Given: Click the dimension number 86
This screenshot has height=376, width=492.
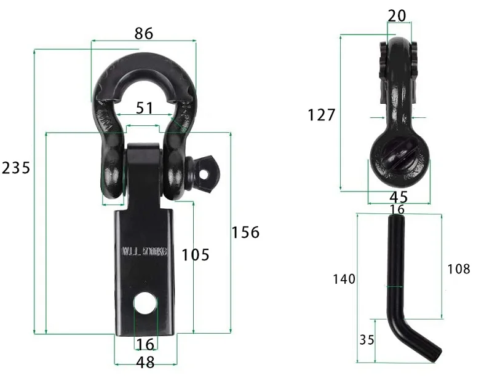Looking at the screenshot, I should [x=143, y=33].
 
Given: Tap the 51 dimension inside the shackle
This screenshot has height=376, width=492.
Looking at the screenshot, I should [x=144, y=108].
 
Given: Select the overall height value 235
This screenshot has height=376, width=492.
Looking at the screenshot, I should [x=15, y=168].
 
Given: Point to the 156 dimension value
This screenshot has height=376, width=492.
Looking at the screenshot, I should [x=245, y=232].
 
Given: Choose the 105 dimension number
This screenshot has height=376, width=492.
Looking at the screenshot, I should [x=196, y=254].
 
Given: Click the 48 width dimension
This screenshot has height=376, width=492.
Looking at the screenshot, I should [x=145, y=362].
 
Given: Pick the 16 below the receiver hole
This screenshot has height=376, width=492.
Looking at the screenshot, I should [x=145, y=343].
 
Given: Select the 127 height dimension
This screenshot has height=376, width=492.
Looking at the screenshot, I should [x=322, y=115].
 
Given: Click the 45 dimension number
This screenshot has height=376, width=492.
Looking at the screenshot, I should [x=399, y=197].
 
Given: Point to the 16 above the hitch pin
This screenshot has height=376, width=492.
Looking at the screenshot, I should [x=397, y=210].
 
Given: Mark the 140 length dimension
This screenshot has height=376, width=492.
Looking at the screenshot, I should [x=344, y=279].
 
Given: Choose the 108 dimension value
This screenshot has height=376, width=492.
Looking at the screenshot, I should [x=458, y=268].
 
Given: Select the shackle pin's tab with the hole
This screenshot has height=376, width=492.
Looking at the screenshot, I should [x=204, y=167].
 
